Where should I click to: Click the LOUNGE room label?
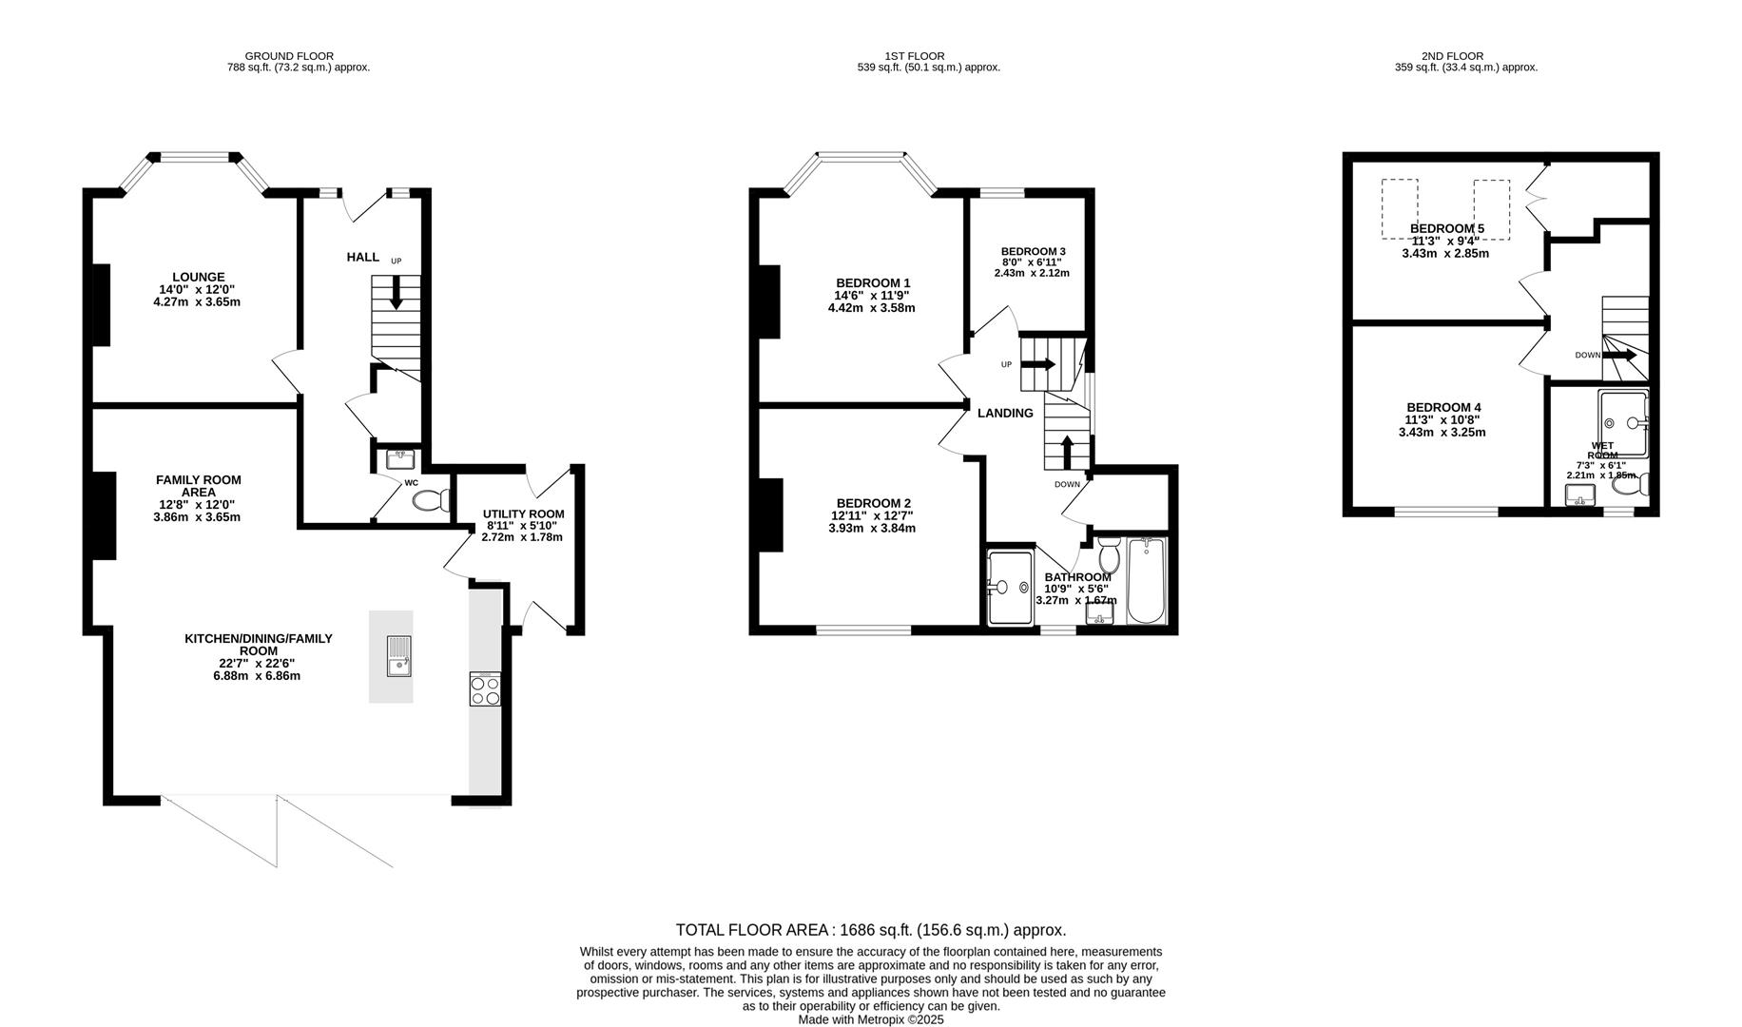pyautogui.click(x=198, y=278)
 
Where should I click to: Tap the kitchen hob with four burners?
pyautogui.click(x=485, y=689)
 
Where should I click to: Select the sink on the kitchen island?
pyautogui.click(x=399, y=656)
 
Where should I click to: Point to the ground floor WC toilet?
pyautogui.click(x=433, y=500)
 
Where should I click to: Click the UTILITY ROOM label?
pyautogui.click(x=523, y=513)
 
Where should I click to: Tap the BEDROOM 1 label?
pyautogui.click(x=873, y=283)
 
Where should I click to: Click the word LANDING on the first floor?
pyautogui.click(x=1005, y=413)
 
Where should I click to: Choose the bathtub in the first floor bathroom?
pyautogui.click(x=1147, y=581)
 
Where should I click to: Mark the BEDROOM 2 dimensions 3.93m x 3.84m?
pyautogui.click(x=872, y=528)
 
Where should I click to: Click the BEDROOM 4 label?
pyautogui.click(x=1443, y=407)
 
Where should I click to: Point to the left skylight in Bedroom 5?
pyautogui.click(x=1400, y=209)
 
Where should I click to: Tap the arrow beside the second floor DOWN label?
pyautogui.click(x=1620, y=355)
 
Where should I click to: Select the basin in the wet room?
pyautogui.click(x=1580, y=494)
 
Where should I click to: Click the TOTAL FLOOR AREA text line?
pyautogui.click(x=871, y=930)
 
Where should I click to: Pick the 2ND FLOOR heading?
pyautogui.click(x=1452, y=56)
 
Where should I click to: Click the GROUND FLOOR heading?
pyautogui.click(x=289, y=56)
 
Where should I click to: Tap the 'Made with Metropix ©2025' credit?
pyautogui.click(x=871, y=1019)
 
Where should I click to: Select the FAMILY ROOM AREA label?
pyautogui.click(x=198, y=486)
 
